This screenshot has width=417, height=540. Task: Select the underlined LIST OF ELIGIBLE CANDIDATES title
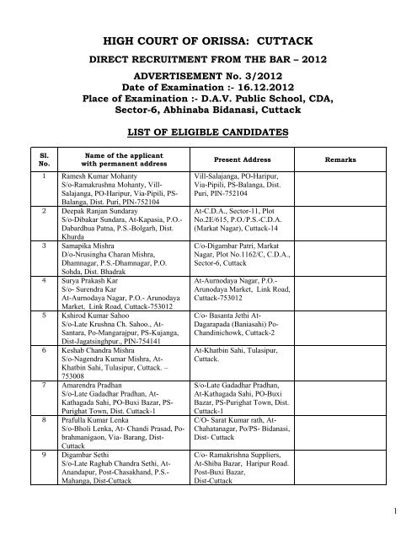[207, 133]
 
